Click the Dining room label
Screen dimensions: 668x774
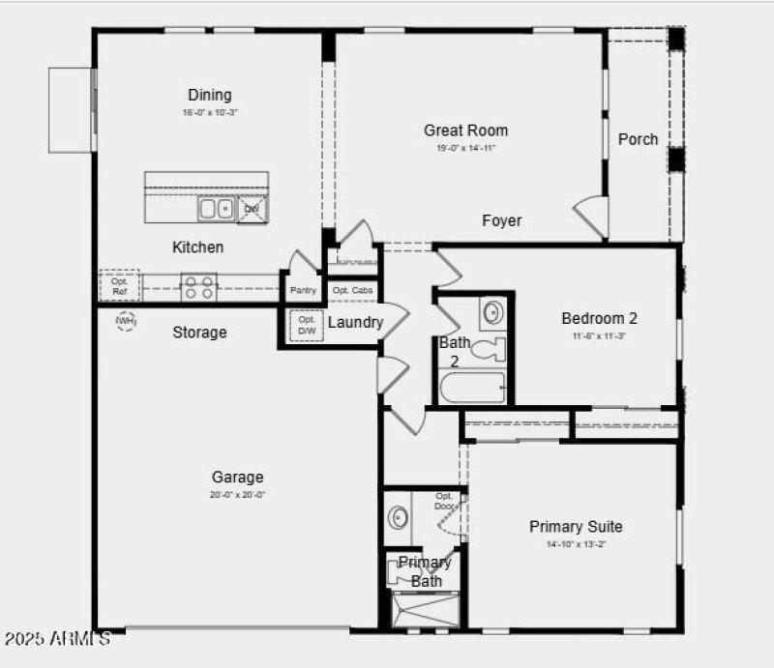pyautogui.click(x=210, y=95)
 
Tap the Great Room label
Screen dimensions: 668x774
pyautogui.click(x=465, y=131)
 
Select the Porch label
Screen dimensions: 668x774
pyautogui.click(x=638, y=139)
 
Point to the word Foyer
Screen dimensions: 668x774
pyautogui.click(x=502, y=221)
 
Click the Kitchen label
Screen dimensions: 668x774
pyautogui.click(x=197, y=247)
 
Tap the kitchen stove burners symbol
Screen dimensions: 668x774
pyautogui.click(x=199, y=286)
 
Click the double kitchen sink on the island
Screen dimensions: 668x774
pyautogui.click(x=216, y=208)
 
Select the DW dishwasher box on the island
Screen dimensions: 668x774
pyautogui.click(x=252, y=209)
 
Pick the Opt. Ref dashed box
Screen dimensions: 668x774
pyautogui.click(x=119, y=285)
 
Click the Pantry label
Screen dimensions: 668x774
pyautogui.click(x=304, y=290)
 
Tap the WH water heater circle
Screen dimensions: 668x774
pyautogui.click(x=126, y=320)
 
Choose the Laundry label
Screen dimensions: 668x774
pyautogui.click(x=355, y=323)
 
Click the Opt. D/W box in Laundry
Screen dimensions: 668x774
pyautogui.click(x=307, y=326)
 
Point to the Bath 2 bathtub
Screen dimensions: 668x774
pyautogui.click(x=473, y=390)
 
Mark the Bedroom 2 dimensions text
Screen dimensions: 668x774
pyautogui.click(x=599, y=335)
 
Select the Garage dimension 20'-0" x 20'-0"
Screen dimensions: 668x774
pyautogui.click(x=237, y=494)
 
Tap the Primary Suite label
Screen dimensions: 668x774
pyautogui.click(x=576, y=527)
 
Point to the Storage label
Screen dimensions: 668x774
pyautogui.click(x=199, y=333)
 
